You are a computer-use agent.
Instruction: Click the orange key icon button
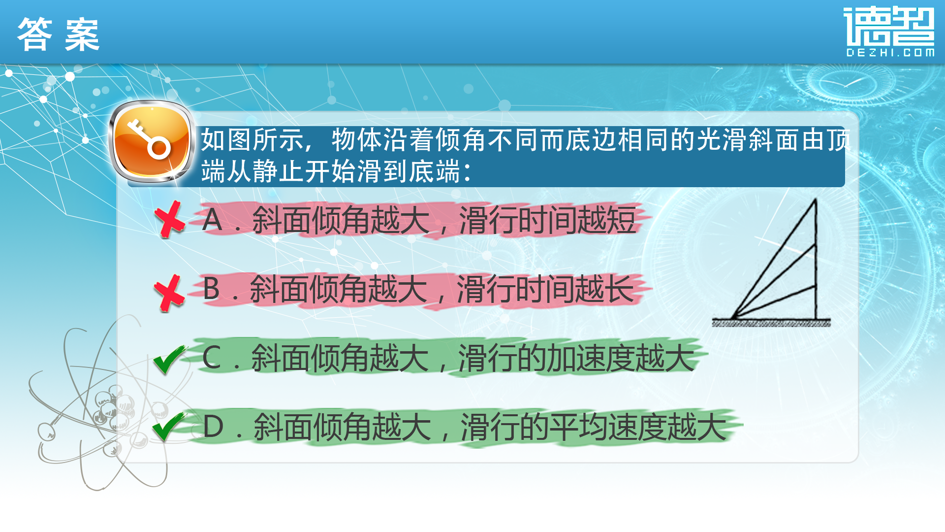point(151,142)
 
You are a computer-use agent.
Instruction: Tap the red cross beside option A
point(169,220)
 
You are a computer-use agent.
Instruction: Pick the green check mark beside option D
point(169,427)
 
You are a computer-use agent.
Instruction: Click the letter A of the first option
point(212,220)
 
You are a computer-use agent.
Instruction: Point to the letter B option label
point(212,289)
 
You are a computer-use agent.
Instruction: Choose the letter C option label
point(212,358)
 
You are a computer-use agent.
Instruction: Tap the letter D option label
point(213,427)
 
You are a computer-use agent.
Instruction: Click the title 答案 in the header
point(59,34)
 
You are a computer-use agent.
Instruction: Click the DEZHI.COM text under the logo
point(890,53)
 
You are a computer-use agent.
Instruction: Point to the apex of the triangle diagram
point(816,199)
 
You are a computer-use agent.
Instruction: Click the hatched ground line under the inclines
point(771,323)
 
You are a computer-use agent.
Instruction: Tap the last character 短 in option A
point(621,220)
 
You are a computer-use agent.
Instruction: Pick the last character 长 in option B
point(619,289)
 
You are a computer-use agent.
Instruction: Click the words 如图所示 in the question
point(252,140)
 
